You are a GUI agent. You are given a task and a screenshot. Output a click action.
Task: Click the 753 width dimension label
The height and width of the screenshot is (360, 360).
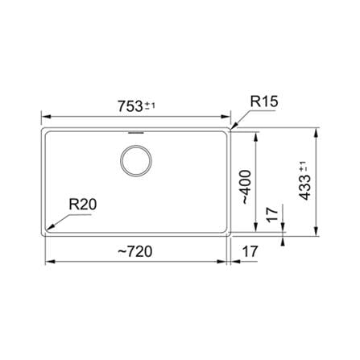[130, 106]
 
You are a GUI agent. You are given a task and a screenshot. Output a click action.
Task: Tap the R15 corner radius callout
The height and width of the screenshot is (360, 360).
[264, 102]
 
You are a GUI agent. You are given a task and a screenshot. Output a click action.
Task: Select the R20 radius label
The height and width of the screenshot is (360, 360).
[83, 205]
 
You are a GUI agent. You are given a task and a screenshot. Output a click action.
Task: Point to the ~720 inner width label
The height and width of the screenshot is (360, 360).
[135, 251]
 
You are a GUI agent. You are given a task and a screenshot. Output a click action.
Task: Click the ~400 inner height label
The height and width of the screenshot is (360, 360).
[246, 187]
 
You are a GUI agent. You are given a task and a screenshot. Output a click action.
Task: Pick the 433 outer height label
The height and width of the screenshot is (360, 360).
[305, 188]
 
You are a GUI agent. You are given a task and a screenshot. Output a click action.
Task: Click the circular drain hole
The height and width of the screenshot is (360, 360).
[136, 160]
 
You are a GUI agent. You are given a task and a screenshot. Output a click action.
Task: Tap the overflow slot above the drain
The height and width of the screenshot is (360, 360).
[136, 133]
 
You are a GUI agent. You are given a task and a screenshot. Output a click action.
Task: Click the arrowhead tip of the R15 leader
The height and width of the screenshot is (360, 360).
[230, 130]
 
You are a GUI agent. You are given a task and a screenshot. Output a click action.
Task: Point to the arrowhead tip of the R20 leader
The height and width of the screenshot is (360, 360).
[47, 230]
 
